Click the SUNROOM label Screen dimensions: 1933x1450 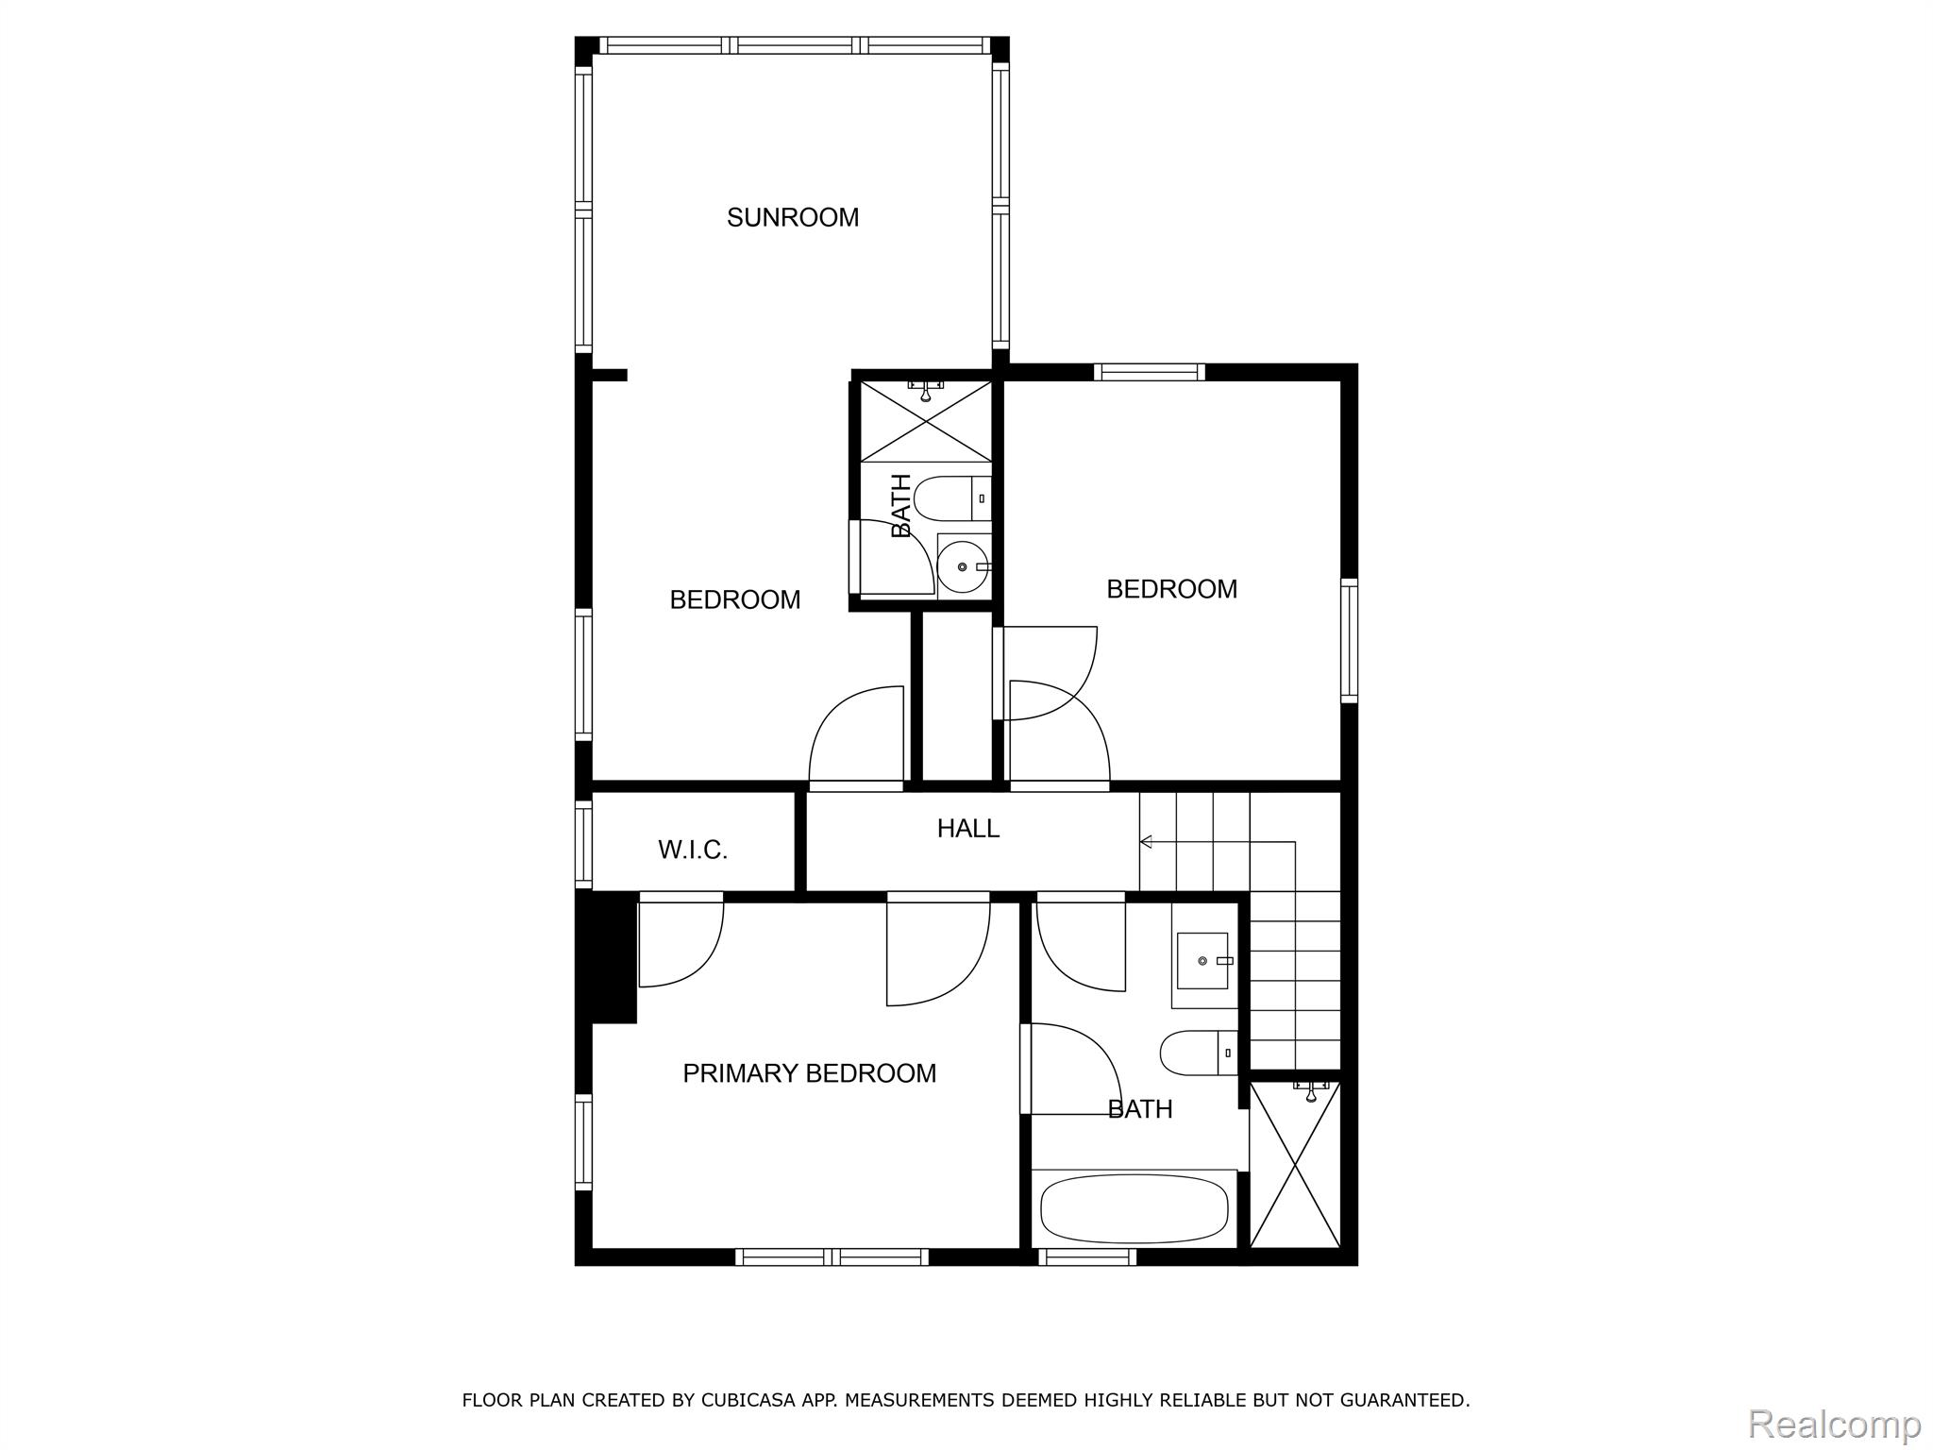point(793,218)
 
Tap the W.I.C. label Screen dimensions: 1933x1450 point(693,851)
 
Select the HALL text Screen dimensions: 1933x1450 point(968,829)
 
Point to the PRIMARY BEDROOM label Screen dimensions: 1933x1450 point(810,1073)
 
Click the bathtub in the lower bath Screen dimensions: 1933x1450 point(1134,1208)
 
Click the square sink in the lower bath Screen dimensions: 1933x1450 point(1203,961)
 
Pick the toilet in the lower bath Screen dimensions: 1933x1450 point(1198,1053)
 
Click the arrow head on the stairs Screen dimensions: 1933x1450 point(1146,841)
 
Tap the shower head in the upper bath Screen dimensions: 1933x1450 point(926,391)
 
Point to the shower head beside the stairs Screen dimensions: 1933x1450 point(1310,1090)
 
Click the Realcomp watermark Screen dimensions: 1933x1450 point(1834,1423)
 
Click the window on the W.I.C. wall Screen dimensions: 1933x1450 point(583,844)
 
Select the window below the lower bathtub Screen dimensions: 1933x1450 point(1087,1256)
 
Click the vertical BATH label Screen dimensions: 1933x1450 point(901,506)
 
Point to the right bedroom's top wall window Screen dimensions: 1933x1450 point(1150,372)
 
